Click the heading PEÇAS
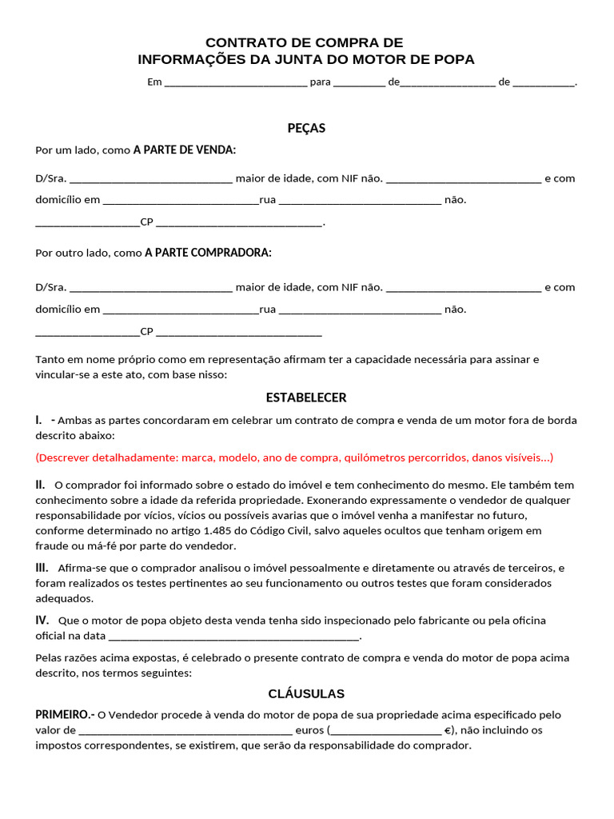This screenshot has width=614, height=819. (x=306, y=128)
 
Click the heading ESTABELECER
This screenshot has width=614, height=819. (x=306, y=398)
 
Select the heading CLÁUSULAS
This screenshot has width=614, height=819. (x=306, y=693)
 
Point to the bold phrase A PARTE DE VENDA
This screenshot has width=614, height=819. (x=185, y=150)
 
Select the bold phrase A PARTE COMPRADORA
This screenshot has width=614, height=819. (x=208, y=252)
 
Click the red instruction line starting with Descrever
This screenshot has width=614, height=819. (x=294, y=457)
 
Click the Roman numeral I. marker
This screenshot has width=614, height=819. (x=39, y=420)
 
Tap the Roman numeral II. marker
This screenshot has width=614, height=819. (x=40, y=485)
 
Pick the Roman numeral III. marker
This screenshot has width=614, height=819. (x=42, y=568)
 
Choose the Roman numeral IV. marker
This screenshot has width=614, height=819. (x=42, y=620)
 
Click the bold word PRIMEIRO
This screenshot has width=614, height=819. (x=65, y=714)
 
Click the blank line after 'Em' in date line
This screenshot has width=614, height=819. (x=235, y=82)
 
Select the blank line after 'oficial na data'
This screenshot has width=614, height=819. (x=233, y=637)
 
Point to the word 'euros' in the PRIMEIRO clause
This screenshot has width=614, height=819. (x=309, y=730)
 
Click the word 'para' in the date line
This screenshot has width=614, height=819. (x=320, y=82)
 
